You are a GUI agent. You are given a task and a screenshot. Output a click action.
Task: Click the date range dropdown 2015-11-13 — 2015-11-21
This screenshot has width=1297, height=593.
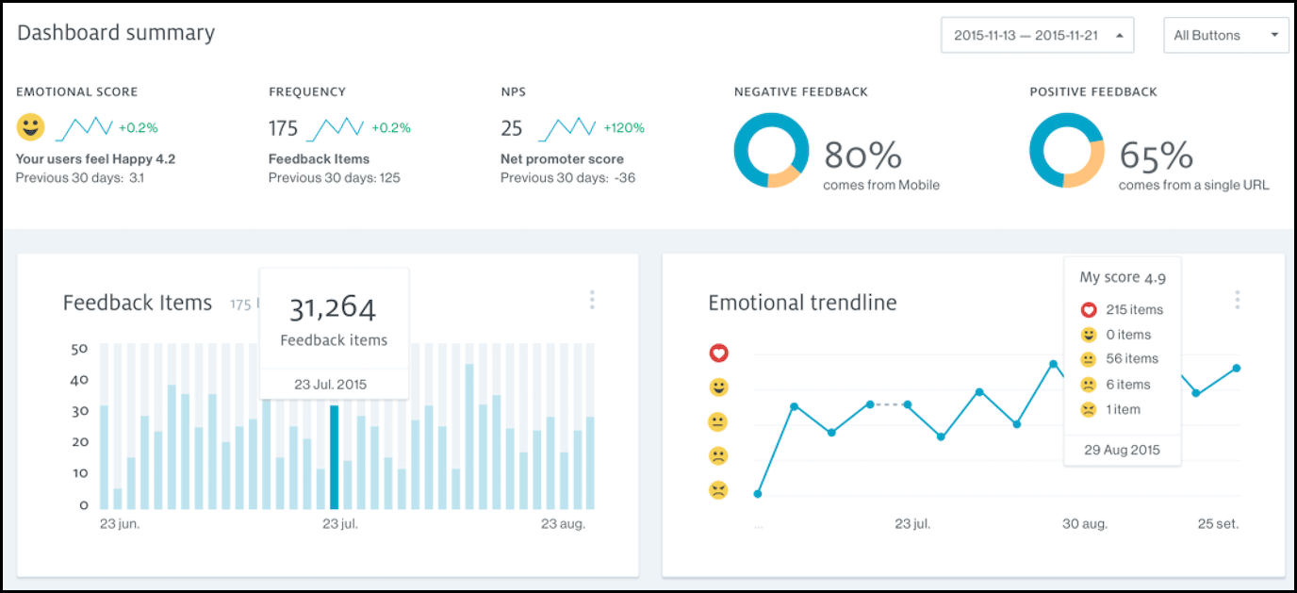[1037, 36]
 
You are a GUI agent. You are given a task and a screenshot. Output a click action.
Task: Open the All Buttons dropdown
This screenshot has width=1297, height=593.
[1225, 36]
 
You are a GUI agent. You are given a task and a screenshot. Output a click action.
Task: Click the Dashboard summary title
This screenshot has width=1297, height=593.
[116, 33]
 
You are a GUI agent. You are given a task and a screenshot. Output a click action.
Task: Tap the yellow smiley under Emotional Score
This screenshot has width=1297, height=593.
[30, 127]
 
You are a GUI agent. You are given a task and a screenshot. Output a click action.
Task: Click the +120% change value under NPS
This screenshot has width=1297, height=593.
[623, 128]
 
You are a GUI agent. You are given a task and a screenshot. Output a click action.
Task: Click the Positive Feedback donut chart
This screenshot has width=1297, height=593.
[1066, 151]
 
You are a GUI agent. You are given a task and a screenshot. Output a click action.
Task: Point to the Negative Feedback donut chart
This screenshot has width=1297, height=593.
[771, 151]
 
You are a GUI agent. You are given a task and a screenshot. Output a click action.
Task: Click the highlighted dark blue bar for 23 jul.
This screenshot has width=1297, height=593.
[334, 457]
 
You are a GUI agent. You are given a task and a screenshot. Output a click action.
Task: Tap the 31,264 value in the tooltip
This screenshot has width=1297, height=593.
[333, 308]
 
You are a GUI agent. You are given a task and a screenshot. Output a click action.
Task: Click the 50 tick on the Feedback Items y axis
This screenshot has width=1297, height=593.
[80, 349]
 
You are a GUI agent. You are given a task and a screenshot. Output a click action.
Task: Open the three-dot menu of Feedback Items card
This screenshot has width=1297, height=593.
[592, 300]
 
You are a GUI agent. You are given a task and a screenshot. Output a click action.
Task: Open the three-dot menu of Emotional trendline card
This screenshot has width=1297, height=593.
[1237, 300]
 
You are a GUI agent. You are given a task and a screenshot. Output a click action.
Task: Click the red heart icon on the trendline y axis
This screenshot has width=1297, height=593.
[718, 354]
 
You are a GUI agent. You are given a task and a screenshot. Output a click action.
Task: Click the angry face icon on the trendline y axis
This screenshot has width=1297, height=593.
[718, 490]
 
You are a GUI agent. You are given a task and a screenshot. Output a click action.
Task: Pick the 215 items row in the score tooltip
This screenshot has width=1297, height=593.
[1122, 309]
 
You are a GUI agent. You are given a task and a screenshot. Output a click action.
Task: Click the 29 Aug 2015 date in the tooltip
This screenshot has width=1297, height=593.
[1122, 450]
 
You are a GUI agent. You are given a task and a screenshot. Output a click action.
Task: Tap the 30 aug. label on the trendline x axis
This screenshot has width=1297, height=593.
[1084, 524]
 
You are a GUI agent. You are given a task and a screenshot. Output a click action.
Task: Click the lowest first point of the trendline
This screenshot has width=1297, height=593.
[758, 493]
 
